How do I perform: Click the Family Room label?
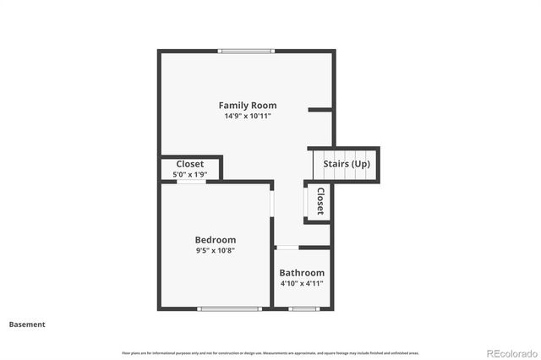pyautogui.click(x=248, y=106)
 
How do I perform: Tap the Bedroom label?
pyautogui.click(x=215, y=240)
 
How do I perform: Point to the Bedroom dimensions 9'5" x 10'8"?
pyautogui.click(x=215, y=250)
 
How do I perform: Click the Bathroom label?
pyautogui.click(x=302, y=273)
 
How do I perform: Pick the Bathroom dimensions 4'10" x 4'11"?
pyautogui.click(x=302, y=283)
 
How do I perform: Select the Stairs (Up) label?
pyautogui.click(x=347, y=163)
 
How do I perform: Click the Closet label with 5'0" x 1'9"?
pyautogui.click(x=190, y=164)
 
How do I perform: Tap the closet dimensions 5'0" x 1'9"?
pyautogui.click(x=190, y=174)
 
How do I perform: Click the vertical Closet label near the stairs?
pyautogui.click(x=320, y=202)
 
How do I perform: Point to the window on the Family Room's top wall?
pyautogui.click(x=246, y=51)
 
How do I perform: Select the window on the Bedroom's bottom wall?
pyautogui.click(x=229, y=308)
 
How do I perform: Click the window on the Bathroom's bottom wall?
pyautogui.click(x=303, y=308)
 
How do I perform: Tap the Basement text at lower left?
pyautogui.click(x=27, y=325)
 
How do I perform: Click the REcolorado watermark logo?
pyautogui.click(x=510, y=352)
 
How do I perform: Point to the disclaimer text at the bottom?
pyautogui.click(x=270, y=352)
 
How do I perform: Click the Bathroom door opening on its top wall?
pyautogui.click(x=287, y=247)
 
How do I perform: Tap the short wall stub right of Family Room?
pyautogui.click(x=320, y=109)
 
